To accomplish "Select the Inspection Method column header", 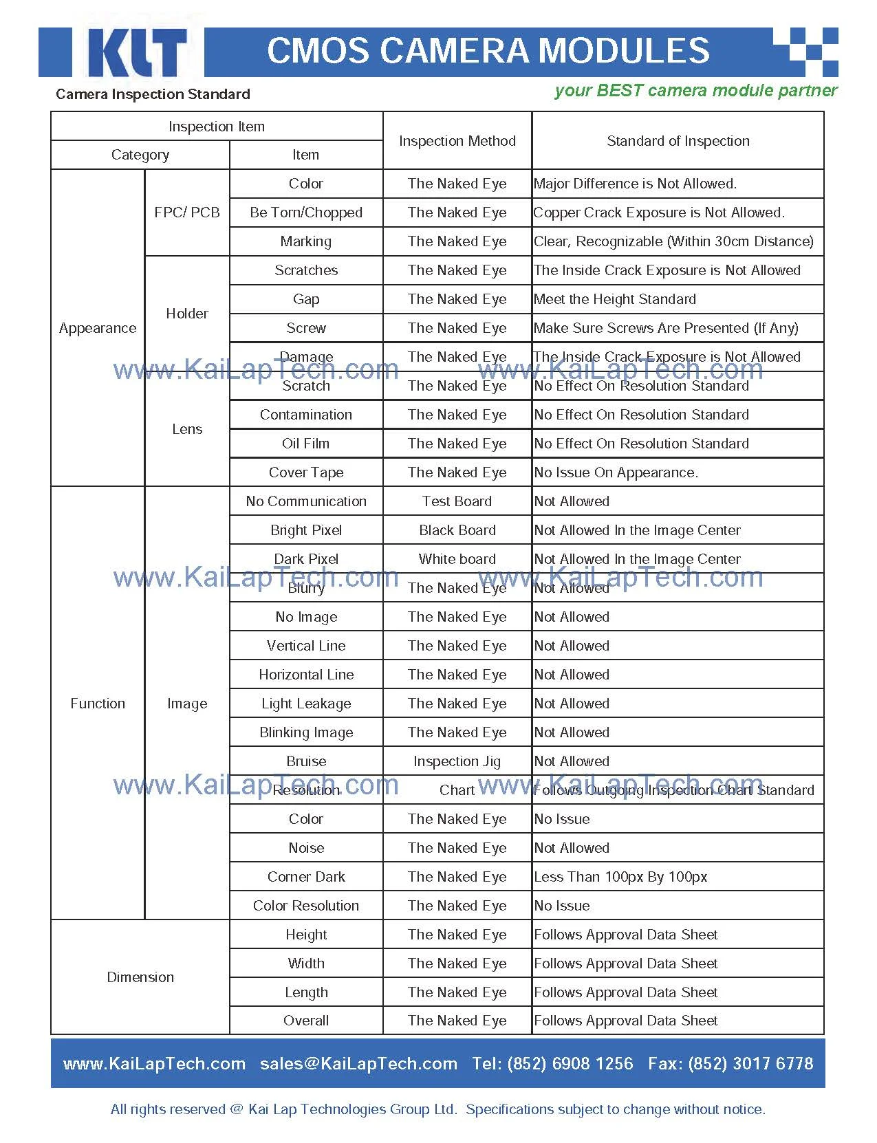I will click(x=457, y=141).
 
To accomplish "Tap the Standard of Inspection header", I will click(x=678, y=141).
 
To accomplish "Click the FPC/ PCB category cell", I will click(x=187, y=213).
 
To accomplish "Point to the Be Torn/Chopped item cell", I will click(x=306, y=213).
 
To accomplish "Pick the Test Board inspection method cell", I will click(x=457, y=501).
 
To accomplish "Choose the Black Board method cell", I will click(x=457, y=530).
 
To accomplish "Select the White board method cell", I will click(x=457, y=559).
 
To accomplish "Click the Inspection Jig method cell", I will click(x=457, y=761).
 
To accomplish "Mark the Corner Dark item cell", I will click(x=306, y=877).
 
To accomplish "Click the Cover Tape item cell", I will click(x=306, y=472).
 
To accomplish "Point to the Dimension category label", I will click(x=140, y=977).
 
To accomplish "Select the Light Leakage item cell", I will click(x=306, y=704).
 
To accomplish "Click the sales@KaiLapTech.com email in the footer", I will click(x=358, y=1064).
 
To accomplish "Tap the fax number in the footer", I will click(x=730, y=1064).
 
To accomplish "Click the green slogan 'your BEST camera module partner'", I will click(x=695, y=91).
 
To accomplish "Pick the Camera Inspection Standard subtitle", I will click(x=153, y=94).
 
